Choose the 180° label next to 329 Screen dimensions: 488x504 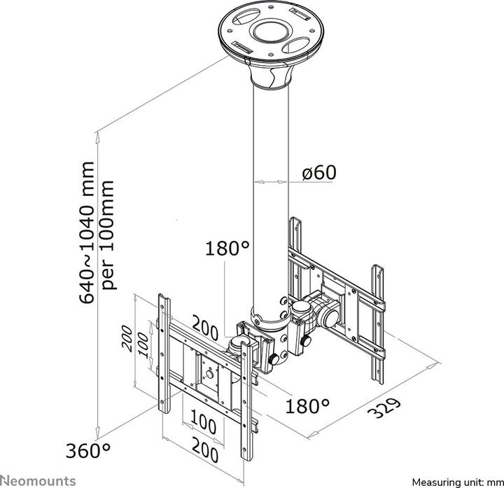pos(307,405)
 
